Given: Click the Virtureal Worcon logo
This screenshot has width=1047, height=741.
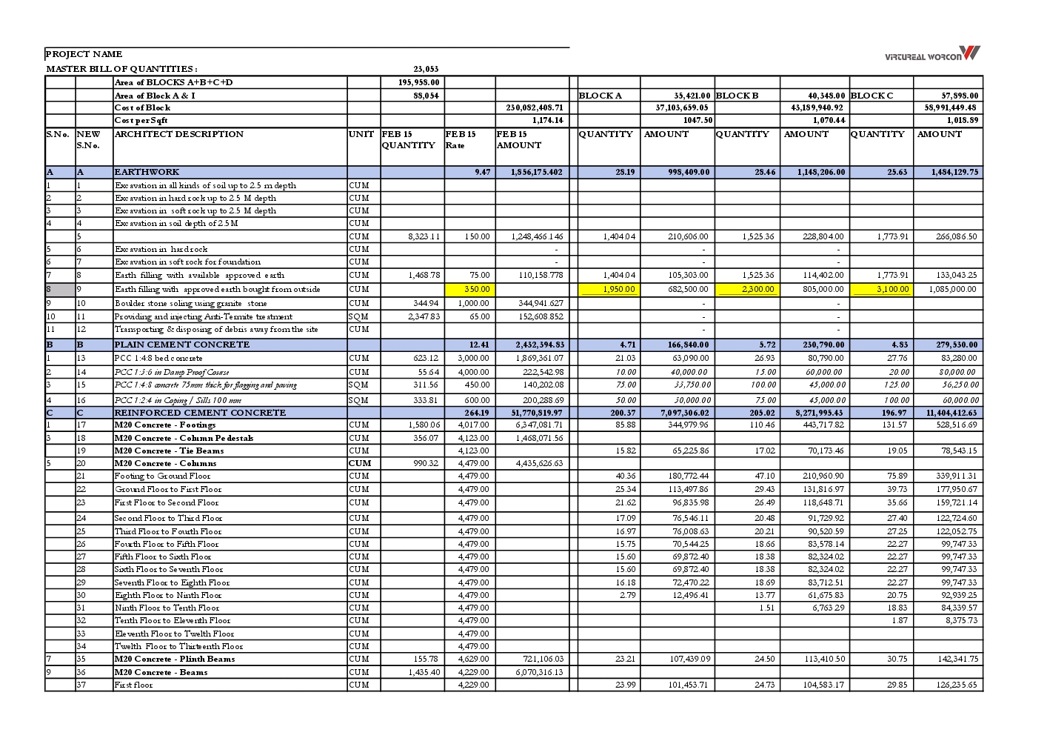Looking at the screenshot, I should (x=932, y=54).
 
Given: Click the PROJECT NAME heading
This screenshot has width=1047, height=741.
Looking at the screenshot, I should (x=84, y=54).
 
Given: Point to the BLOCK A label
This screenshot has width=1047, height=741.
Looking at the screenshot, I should (x=600, y=96).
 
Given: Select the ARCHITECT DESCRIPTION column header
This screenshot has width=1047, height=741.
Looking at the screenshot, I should (x=178, y=134).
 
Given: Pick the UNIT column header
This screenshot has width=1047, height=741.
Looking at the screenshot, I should (x=361, y=134).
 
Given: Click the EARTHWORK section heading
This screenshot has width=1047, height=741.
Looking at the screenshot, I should (x=147, y=172).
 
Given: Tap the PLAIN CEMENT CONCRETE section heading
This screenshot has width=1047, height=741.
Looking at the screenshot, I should (x=181, y=345).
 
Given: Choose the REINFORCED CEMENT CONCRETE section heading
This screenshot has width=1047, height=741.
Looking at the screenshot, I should (x=199, y=413).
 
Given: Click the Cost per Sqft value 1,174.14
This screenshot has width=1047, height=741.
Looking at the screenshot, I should (x=547, y=120).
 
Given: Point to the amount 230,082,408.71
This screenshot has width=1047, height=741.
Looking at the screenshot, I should (x=535, y=107).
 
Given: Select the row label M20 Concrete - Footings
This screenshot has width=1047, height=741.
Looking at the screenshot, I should (x=164, y=425).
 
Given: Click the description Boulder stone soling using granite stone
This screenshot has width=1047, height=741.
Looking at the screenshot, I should (x=190, y=303).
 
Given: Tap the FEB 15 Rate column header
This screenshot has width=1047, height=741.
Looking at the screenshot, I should (x=461, y=139).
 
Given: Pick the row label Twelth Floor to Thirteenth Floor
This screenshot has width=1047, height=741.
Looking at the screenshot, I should (x=178, y=646).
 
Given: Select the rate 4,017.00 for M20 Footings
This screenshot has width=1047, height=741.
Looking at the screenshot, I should (x=473, y=425).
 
